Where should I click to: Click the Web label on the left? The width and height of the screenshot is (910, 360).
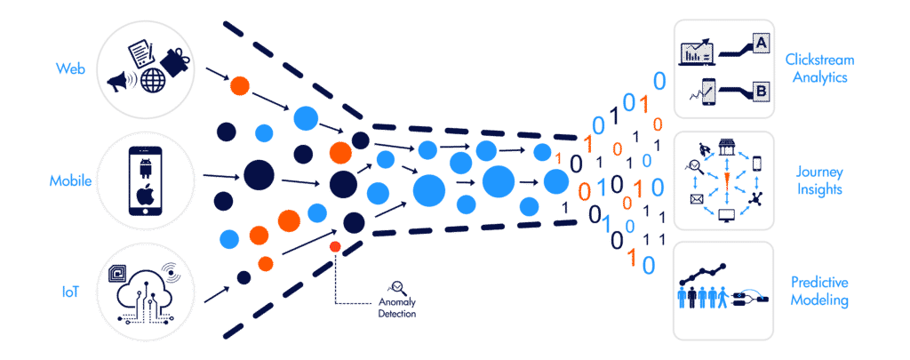[x=68, y=68]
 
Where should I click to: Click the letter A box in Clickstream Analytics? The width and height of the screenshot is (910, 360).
[x=761, y=43]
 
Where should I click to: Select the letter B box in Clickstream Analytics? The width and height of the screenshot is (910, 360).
[x=761, y=91]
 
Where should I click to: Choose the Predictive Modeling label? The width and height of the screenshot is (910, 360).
[x=818, y=291]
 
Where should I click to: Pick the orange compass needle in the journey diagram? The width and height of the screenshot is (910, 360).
[x=727, y=181]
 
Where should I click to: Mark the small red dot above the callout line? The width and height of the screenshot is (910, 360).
[x=336, y=245]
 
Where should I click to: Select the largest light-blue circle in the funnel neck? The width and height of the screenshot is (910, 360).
[x=498, y=182]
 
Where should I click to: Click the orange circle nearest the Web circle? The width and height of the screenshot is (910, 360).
[x=239, y=86]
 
